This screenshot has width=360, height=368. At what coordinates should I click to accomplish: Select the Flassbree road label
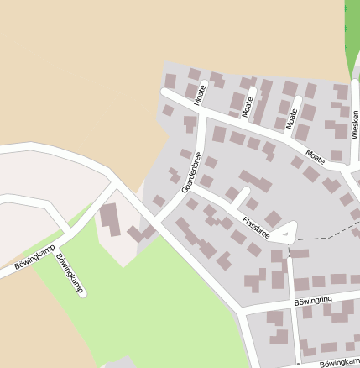255,225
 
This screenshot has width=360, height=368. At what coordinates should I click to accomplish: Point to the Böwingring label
315,299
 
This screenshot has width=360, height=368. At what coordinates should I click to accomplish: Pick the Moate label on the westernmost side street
201,94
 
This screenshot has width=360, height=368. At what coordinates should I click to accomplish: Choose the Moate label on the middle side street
248,106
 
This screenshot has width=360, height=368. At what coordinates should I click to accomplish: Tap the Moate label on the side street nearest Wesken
292,118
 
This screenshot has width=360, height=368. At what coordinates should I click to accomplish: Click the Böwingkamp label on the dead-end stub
71,274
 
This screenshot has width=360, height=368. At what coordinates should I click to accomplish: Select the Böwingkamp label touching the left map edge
34,257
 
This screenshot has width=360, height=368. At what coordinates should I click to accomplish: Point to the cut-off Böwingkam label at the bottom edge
339,362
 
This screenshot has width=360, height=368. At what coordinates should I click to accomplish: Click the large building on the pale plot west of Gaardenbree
111,219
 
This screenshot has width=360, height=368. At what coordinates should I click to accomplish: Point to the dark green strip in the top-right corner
351,38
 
